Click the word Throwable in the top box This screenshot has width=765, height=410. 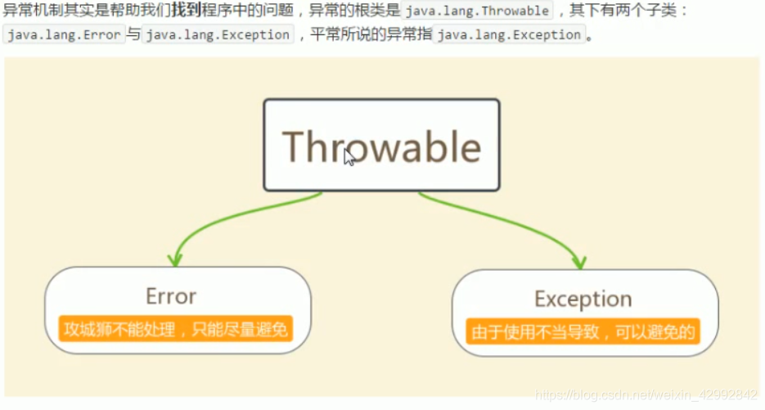(x=381, y=146)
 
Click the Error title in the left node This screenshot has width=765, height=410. (x=171, y=295)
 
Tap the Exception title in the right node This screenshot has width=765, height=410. (x=583, y=299)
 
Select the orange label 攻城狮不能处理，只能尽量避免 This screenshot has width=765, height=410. (x=175, y=330)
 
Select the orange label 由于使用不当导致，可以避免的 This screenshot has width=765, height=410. (x=583, y=332)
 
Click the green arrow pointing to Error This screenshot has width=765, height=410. (x=229, y=214)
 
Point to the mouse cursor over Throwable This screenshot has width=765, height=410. (x=349, y=157)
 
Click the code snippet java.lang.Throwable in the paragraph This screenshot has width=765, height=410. (x=477, y=11)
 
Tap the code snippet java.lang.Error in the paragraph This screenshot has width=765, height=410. (x=63, y=35)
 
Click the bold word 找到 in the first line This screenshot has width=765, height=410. (x=186, y=11)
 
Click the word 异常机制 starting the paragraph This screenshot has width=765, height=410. (x=31, y=11)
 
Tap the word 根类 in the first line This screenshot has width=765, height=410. (x=371, y=11)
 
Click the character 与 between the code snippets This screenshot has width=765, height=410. (x=133, y=35)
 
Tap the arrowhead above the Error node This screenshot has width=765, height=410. (x=173, y=259)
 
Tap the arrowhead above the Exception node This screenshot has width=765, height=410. (x=579, y=263)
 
